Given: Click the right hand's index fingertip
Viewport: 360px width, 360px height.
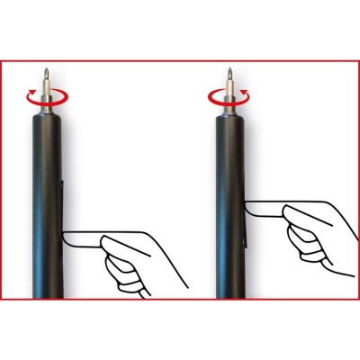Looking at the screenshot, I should point(249,209).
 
